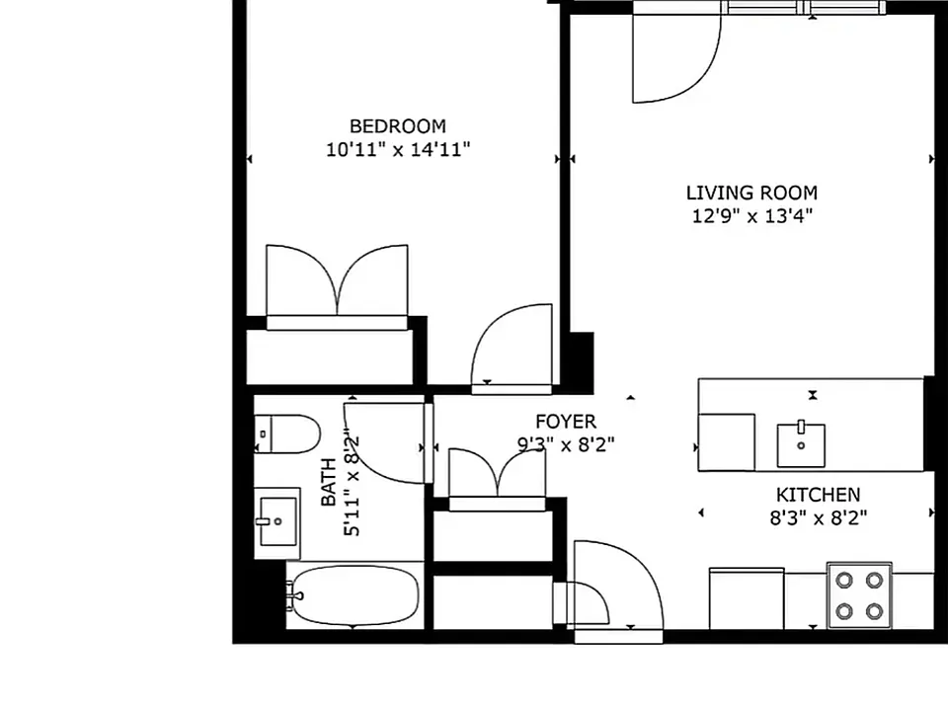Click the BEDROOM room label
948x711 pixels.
[x=398, y=126]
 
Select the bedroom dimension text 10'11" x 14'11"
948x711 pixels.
[x=398, y=149]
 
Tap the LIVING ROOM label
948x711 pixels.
[x=751, y=193]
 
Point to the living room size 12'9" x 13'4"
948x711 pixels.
[x=751, y=216]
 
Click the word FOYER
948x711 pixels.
[x=566, y=421]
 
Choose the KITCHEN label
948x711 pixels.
[x=818, y=495]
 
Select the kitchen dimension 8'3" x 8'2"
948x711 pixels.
[x=818, y=518]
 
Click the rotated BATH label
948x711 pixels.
[x=328, y=482]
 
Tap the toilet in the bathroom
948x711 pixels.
[x=286, y=434]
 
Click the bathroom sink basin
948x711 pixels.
[x=277, y=521]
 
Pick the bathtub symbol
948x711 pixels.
[x=353, y=595]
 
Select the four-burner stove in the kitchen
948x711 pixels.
[x=859, y=595]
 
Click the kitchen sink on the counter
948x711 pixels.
[x=801, y=445]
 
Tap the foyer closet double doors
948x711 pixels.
[x=497, y=473]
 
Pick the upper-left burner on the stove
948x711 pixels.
[x=844, y=581]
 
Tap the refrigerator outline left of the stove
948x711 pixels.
[x=747, y=598]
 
